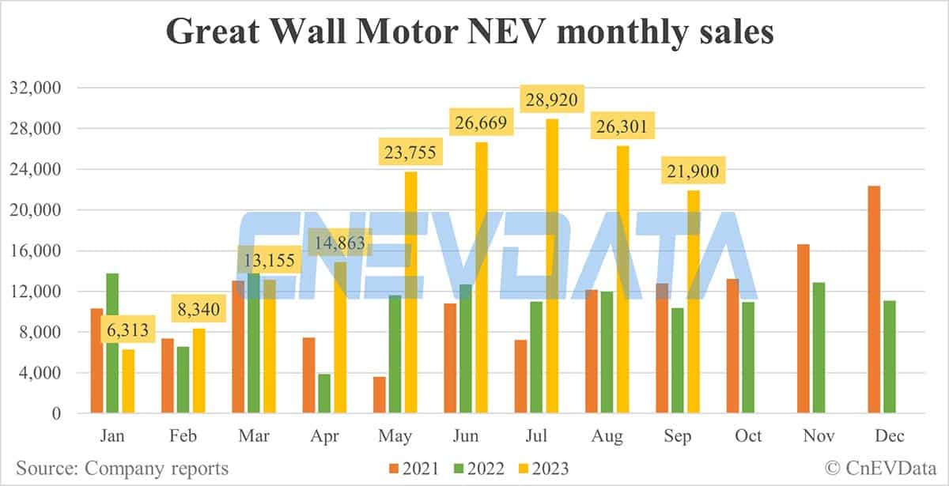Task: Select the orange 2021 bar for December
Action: pyautogui.click(x=874, y=300)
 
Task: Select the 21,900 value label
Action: pyautogui.click(x=694, y=171)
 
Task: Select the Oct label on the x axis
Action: pyautogui.click(x=748, y=436)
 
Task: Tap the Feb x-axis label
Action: pyautogui.click(x=183, y=436)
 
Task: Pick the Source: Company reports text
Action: pyautogui.click(x=122, y=469)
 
